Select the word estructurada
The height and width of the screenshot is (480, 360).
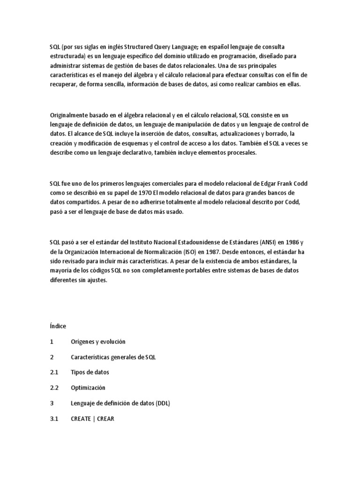click(67, 56)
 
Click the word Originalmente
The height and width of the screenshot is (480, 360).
click(69, 115)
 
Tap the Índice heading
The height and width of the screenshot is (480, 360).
click(58, 326)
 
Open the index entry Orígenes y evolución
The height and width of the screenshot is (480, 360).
click(98, 341)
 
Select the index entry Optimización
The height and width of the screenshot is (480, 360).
click(88, 388)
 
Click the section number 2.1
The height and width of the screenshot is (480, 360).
click(54, 372)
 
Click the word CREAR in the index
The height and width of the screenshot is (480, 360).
click(105, 419)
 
